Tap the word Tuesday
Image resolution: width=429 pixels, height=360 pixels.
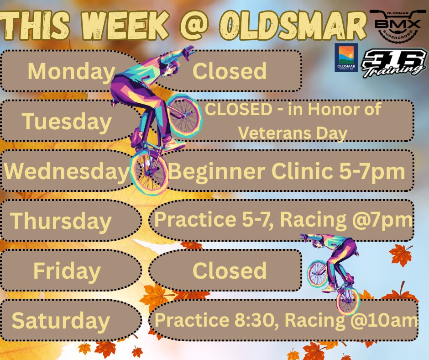pyautogui.click(x=67, y=122)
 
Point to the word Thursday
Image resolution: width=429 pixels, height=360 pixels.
pyautogui.click(x=61, y=221)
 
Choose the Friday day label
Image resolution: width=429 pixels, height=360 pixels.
pyautogui.click(x=67, y=271)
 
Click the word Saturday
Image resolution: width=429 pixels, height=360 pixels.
pyautogui.click(x=61, y=320)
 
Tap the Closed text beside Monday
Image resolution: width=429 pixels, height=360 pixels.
pyautogui.click(x=230, y=71)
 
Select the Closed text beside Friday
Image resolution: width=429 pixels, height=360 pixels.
pyautogui.click(x=230, y=271)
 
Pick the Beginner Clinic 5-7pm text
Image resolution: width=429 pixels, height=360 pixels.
pyautogui.click(x=287, y=172)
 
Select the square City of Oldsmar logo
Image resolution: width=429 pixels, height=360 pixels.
pyautogui.click(x=346, y=58)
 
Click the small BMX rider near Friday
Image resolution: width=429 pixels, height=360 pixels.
pyautogui.click(x=332, y=270)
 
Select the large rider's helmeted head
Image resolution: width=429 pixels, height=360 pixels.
pyautogui.click(x=170, y=69)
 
